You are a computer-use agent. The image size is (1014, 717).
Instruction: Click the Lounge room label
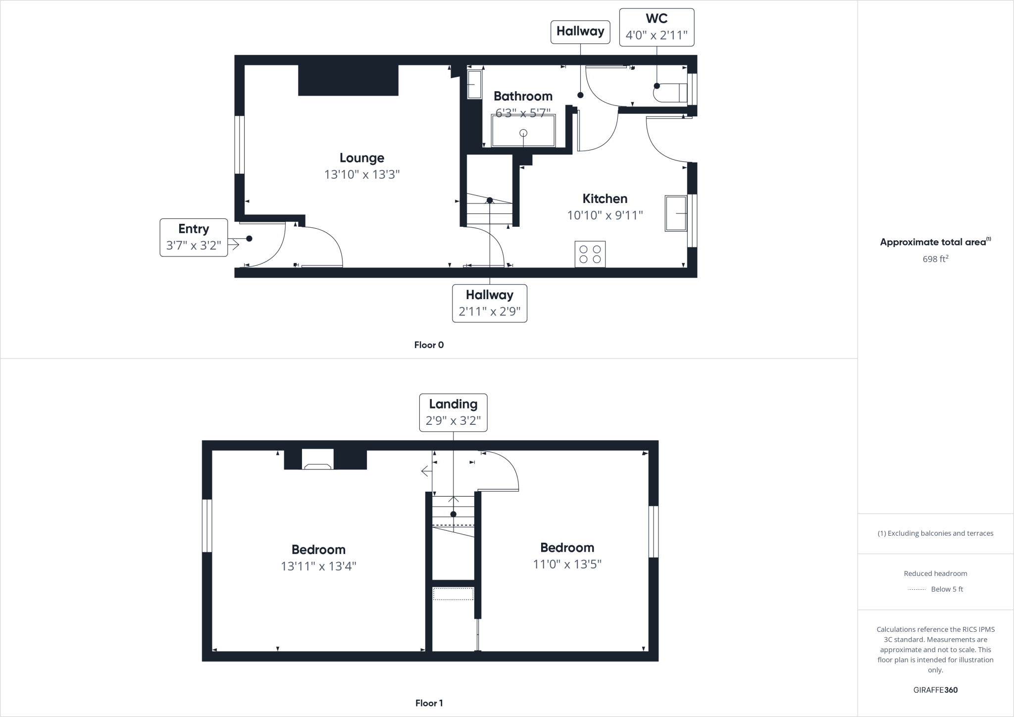(361, 158)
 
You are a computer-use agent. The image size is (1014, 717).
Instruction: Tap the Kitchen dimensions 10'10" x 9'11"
(605, 215)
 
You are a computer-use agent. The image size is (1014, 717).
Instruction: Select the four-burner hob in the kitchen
(590, 254)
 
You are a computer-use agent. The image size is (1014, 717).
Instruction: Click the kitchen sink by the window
(676, 213)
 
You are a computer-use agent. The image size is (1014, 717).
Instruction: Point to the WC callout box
(657, 27)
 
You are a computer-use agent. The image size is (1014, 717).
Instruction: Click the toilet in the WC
(671, 93)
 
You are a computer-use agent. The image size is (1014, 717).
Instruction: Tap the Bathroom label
(523, 96)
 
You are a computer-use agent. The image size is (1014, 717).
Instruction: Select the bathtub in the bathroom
(523, 131)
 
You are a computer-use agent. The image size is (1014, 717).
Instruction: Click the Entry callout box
(194, 238)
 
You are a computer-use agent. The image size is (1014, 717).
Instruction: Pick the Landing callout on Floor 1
(453, 412)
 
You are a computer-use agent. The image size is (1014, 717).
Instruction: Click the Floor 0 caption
(429, 345)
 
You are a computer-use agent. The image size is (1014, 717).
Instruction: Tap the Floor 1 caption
(429, 703)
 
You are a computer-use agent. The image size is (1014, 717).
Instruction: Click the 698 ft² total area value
(935, 259)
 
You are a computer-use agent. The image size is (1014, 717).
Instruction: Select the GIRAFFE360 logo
(935, 690)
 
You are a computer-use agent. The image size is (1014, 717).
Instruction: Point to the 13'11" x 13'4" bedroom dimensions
(318, 566)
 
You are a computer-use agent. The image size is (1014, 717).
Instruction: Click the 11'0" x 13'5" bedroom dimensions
(567, 564)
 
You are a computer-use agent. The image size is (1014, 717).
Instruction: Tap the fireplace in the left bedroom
(317, 460)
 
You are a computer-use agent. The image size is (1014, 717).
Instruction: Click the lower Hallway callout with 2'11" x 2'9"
(489, 303)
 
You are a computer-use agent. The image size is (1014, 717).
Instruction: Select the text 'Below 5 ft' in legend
(947, 589)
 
